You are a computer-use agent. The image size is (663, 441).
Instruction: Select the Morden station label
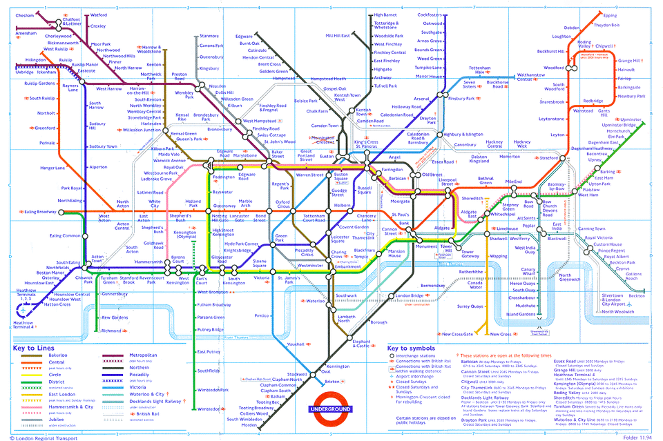pyautogui.click(x=249, y=424)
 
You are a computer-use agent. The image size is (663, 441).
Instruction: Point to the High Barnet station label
pyautogui.click(x=385, y=14)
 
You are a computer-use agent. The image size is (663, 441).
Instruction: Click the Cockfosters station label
pyautogui.click(x=430, y=14)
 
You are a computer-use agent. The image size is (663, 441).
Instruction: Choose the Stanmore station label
pyautogui.click(x=209, y=36)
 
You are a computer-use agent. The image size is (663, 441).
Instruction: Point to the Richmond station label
pyautogui.click(x=111, y=331)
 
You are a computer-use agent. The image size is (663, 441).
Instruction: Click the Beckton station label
pyautogui.click(x=636, y=295)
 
